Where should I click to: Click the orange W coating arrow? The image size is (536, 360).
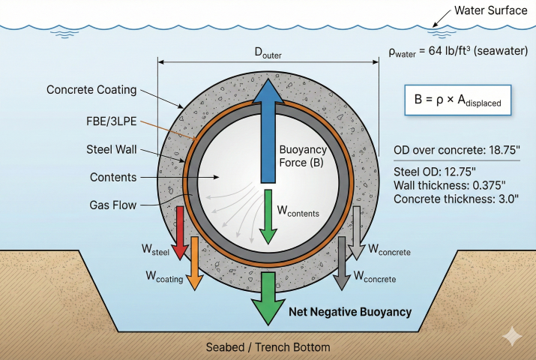tap(194, 262)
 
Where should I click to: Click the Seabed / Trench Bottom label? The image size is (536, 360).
tap(268, 347)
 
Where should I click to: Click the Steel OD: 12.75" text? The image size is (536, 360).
tap(435, 170)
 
